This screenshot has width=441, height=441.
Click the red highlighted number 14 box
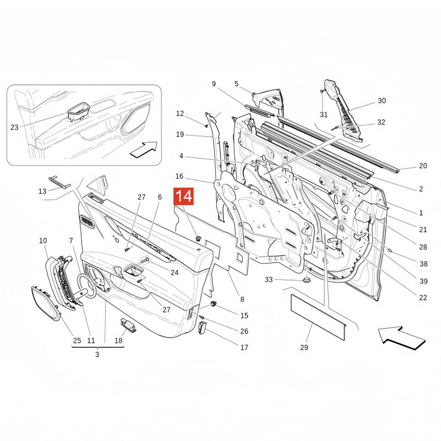tap(184, 196)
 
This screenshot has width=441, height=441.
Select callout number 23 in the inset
tap(14, 127)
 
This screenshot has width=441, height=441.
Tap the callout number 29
tap(304, 348)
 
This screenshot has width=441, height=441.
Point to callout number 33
tap(268, 279)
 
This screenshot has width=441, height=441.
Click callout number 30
tap(381, 101)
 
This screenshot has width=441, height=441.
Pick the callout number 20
tap(423, 166)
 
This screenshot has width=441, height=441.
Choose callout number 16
tap(180, 176)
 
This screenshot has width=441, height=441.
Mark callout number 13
tap(42, 191)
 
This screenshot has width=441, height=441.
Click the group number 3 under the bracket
tap(97, 354)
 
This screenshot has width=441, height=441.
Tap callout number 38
tap(423, 264)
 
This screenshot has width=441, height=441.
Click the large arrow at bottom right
tap(401, 338)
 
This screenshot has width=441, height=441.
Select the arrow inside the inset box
tap(144, 149)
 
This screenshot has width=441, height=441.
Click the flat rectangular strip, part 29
tap(318, 316)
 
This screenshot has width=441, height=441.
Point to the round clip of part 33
tap(306, 280)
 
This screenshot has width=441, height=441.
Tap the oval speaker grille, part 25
tap(46, 303)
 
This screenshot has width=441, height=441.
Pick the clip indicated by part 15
tap(214, 304)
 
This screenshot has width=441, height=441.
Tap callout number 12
tap(180, 114)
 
